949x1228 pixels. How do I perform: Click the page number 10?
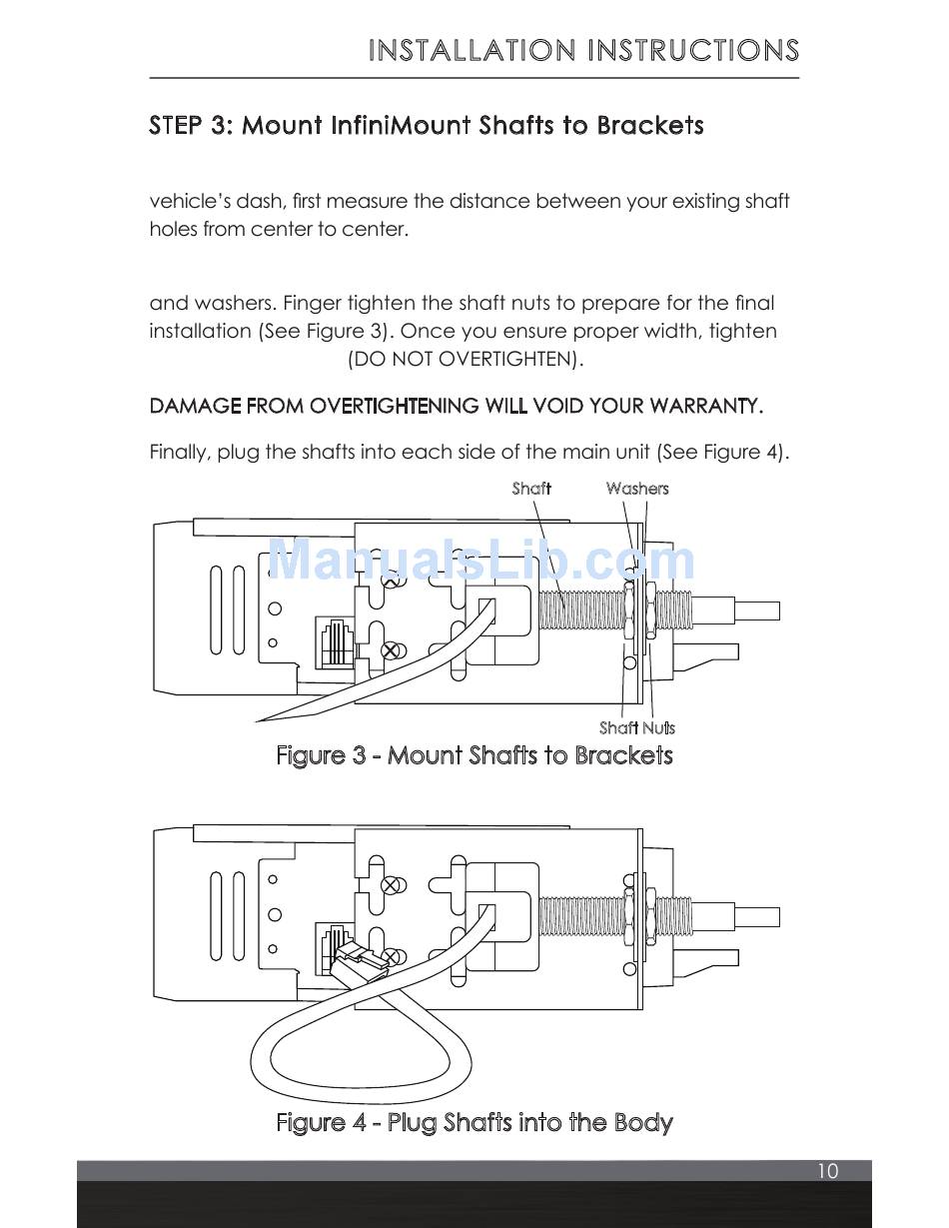tap(827, 1171)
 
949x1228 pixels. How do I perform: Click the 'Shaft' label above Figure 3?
tap(531, 489)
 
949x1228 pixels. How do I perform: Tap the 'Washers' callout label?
tap(636, 489)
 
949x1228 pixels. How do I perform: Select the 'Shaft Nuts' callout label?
tap(636, 728)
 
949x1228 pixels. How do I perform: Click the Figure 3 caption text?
tap(474, 755)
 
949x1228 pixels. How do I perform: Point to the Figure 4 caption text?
tap(474, 1123)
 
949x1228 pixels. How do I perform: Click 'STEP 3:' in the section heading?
tap(192, 126)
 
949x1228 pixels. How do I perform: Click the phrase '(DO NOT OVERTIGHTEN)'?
tap(466, 360)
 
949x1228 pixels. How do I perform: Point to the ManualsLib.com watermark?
tap(481, 561)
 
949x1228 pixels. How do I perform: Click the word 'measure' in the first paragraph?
tap(367, 202)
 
